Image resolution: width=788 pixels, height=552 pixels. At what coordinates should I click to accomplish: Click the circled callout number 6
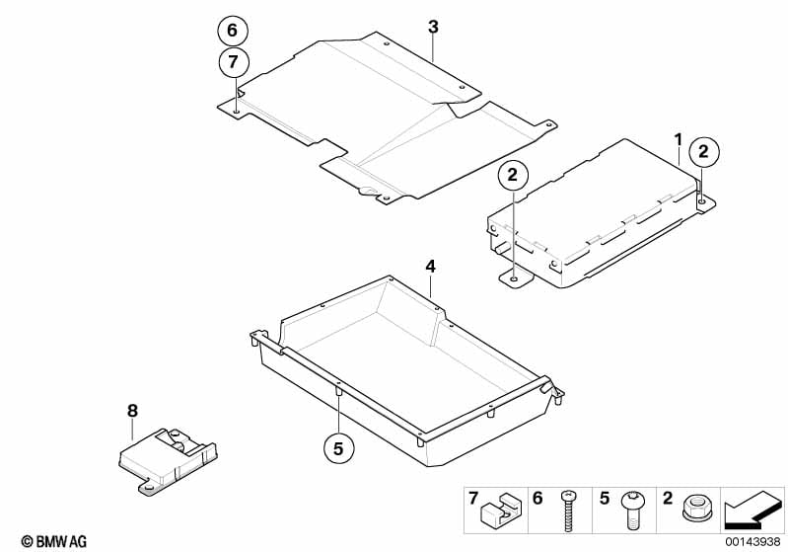(x=232, y=31)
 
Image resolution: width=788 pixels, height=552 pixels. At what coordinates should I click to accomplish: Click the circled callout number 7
(x=233, y=62)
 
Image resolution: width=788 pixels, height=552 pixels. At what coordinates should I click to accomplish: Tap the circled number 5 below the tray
(x=338, y=447)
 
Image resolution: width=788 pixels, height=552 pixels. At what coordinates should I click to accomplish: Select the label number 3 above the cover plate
(x=433, y=27)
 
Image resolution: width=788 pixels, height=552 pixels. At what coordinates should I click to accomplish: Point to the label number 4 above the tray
(x=431, y=267)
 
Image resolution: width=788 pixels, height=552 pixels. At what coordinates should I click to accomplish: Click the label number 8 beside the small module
(x=132, y=411)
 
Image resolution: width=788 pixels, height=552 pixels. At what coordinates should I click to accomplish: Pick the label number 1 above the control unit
(x=679, y=139)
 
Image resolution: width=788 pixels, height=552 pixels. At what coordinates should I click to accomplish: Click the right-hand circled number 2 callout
(x=703, y=151)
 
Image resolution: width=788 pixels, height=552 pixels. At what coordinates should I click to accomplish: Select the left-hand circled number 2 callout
(x=513, y=175)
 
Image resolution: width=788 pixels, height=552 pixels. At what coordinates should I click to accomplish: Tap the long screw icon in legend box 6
(x=567, y=511)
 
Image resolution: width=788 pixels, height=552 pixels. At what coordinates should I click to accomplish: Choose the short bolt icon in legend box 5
(x=631, y=511)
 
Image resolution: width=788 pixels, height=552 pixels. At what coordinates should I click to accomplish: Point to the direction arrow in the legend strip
(x=752, y=511)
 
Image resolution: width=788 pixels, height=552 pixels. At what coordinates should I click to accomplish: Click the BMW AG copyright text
(x=54, y=541)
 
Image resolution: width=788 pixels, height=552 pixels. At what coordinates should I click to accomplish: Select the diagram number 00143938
(x=752, y=541)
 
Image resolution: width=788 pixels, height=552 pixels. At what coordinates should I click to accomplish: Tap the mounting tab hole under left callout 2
(x=514, y=278)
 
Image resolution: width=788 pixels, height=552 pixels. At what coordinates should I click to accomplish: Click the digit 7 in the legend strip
(x=473, y=498)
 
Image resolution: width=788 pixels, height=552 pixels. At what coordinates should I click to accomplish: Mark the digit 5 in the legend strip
(x=605, y=498)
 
